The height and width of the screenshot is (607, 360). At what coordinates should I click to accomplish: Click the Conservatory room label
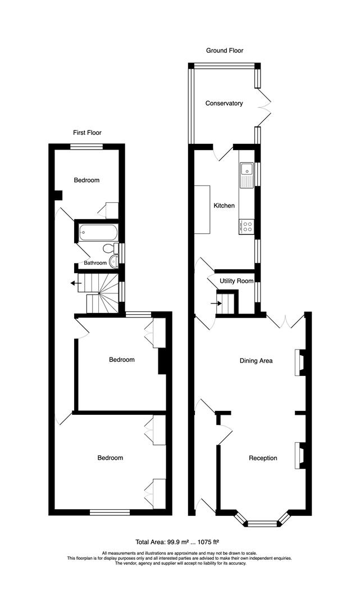pyautogui.click(x=224, y=103)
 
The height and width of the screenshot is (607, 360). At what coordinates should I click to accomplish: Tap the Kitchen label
pyautogui.click(x=224, y=206)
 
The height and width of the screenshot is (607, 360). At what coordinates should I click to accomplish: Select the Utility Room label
pyautogui.click(x=236, y=281)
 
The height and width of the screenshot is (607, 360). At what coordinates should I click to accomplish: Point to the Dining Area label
pyautogui.click(x=256, y=361)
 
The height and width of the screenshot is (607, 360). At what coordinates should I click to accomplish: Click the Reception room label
pyautogui.click(x=263, y=458)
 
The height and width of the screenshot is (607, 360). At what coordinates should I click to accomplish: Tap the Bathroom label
pyautogui.click(x=95, y=262)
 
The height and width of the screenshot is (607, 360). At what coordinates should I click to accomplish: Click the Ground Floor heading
pyautogui.click(x=224, y=51)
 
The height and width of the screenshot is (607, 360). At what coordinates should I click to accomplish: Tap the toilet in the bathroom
pyautogui.click(x=109, y=248)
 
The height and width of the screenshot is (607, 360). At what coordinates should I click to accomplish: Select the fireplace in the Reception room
pyautogui.click(x=299, y=455)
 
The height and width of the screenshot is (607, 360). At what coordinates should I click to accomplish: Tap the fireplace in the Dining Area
pyautogui.click(x=299, y=363)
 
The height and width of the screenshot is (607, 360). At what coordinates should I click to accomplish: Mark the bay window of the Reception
pyautogui.click(x=262, y=521)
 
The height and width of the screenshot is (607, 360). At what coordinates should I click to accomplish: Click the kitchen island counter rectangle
pyautogui.click(x=202, y=210)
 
